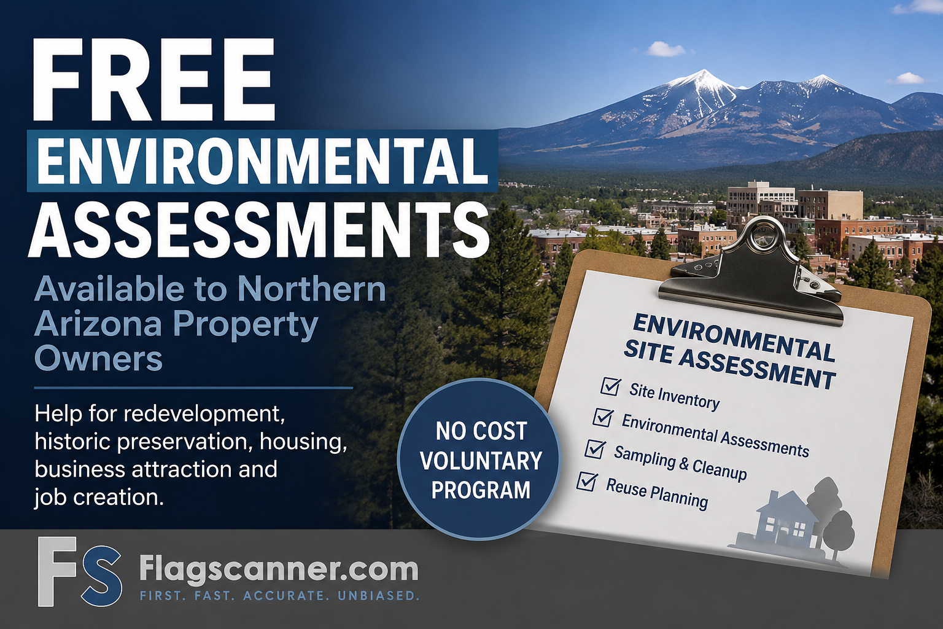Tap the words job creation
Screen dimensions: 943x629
[x=99, y=497]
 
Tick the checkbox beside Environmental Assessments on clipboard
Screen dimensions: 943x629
[x=603, y=418]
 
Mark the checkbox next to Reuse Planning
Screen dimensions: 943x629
[x=587, y=482]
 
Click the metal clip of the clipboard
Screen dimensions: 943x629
[x=753, y=270]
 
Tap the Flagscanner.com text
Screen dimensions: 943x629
[x=278, y=569]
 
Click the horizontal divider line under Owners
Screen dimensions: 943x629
[x=193, y=388]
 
